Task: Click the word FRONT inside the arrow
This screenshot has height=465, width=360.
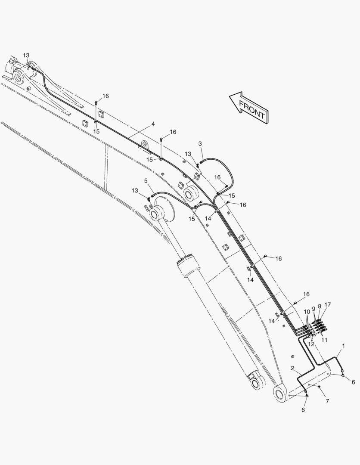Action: (251, 110)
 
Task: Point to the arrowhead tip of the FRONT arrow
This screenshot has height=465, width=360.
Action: (229, 96)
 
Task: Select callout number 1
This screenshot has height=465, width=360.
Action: (343, 345)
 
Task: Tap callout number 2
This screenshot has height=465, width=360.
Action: (293, 368)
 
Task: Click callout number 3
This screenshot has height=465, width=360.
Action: (200, 143)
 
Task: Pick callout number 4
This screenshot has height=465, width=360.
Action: (153, 124)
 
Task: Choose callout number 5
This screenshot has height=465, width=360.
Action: (146, 180)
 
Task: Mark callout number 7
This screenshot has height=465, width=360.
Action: (327, 401)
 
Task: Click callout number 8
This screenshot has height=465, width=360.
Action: (320, 307)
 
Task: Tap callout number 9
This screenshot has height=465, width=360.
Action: (313, 308)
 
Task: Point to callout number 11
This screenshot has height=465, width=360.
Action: (324, 340)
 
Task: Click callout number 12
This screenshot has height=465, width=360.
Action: (311, 344)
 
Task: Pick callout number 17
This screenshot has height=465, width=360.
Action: (327, 304)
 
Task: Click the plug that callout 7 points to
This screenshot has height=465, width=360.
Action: (319, 387)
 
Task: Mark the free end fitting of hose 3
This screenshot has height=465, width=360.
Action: (202, 162)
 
